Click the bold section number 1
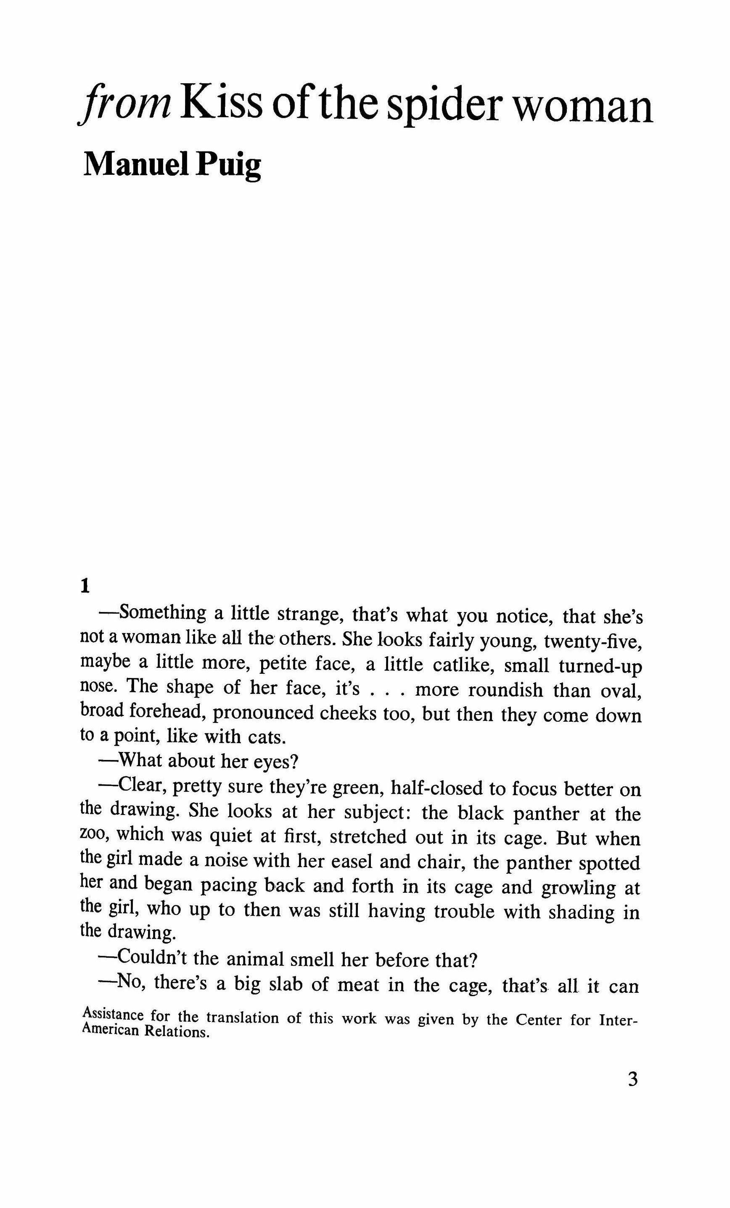pyautogui.click(x=85, y=586)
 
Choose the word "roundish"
pyautogui.click(x=505, y=690)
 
